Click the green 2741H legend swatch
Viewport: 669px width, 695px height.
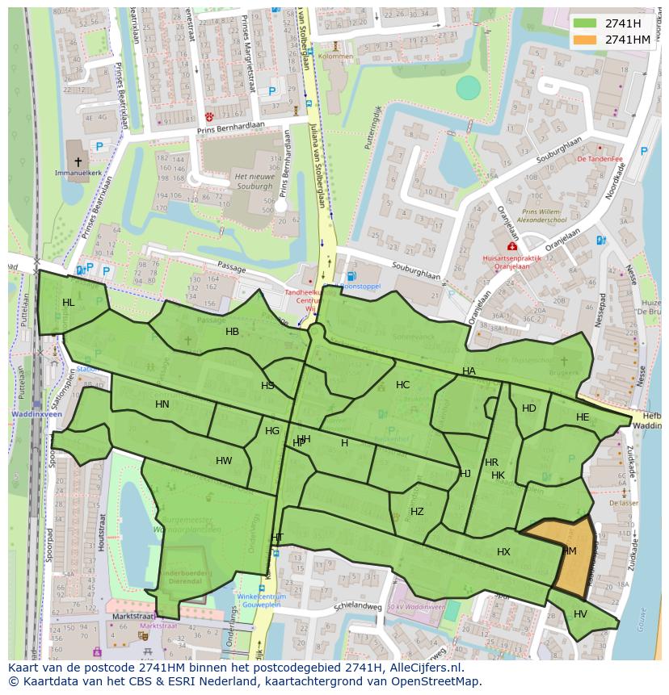(586, 23)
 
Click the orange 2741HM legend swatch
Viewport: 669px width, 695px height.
(586, 40)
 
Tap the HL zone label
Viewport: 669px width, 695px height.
(69, 303)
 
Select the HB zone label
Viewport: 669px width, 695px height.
(233, 332)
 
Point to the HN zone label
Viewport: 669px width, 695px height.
(162, 404)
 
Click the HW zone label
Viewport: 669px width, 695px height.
(224, 461)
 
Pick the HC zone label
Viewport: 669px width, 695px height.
(403, 385)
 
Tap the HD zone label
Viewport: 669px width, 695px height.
(529, 408)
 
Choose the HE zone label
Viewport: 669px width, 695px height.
(583, 417)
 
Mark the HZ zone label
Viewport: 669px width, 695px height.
(417, 512)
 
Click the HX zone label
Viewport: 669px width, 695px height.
(504, 552)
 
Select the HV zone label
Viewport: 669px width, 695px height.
(580, 614)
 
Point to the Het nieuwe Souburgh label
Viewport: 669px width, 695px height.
(255, 180)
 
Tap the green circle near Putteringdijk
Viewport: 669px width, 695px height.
(468, 87)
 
